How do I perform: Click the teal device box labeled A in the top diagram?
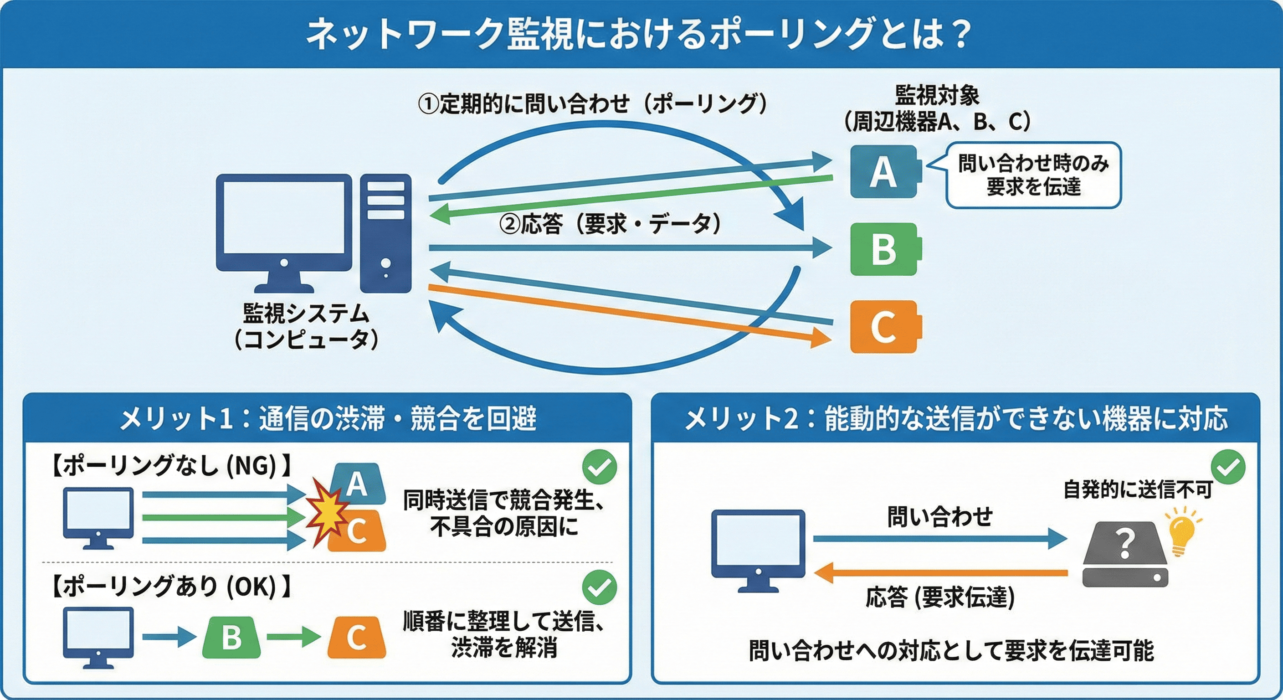(x=886, y=171)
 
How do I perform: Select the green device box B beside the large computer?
(x=886, y=249)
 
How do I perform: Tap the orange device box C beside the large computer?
(x=886, y=327)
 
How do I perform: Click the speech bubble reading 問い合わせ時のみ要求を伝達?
(x=1033, y=175)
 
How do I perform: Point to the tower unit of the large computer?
(x=385, y=233)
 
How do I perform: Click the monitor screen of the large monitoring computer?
(x=284, y=217)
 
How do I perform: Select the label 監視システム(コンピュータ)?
(x=306, y=326)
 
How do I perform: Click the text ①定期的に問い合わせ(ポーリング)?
(x=593, y=104)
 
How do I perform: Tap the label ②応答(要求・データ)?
(x=611, y=224)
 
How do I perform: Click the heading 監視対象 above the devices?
(x=937, y=95)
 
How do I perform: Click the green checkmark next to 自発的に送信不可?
(x=1228, y=467)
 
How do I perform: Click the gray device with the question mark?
(x=1124, y=554)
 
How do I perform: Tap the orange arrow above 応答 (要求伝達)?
(x=941, y=572)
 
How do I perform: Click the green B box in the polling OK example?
(x=231, y=637)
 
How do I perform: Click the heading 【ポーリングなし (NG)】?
(x=170, y=466)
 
